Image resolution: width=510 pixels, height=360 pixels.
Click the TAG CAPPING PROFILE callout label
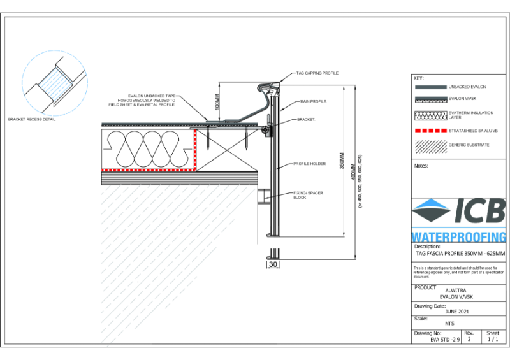tap(317, 74)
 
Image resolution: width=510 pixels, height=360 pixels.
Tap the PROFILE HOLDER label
tap(309, 164)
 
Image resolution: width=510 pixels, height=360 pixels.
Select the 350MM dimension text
tap(342, 164)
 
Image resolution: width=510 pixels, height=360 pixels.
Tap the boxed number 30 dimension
tap(272, 263)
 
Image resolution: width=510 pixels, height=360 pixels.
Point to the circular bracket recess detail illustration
tap(54, 83)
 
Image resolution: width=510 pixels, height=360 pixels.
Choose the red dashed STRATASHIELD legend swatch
tap(430, 130)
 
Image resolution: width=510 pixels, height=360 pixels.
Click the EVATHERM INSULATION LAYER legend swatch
tap(430, 115)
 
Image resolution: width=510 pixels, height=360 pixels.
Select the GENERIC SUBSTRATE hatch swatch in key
tap(430, 145)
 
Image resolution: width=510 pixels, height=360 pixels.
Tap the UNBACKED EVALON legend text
tap(468, 86)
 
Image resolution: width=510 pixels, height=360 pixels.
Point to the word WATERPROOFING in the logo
tap(459, 236)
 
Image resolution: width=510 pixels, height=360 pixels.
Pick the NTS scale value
tap(449, 324)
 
